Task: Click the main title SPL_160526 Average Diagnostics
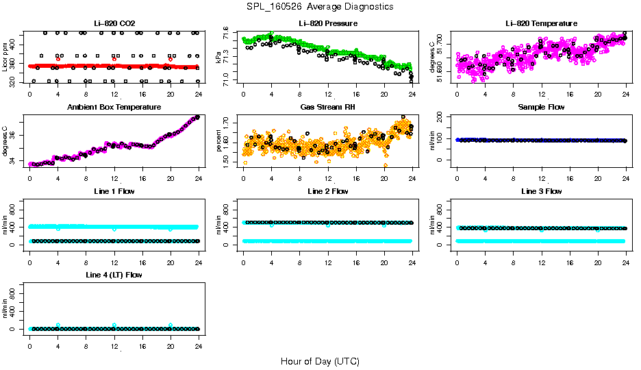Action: pyautogui.click(x=320, y=6)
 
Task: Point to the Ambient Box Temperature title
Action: pyautogui.click(x=114, y=108)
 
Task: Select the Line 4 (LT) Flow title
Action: pyautogui.click(x=114, y=275)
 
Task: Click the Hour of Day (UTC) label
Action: pyautogui.click(x=320, y=361)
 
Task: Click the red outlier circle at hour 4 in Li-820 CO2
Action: pyautogui.click(x=58, y=59)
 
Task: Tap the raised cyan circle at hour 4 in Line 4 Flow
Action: pyautogui.click(x=58, y=325)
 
